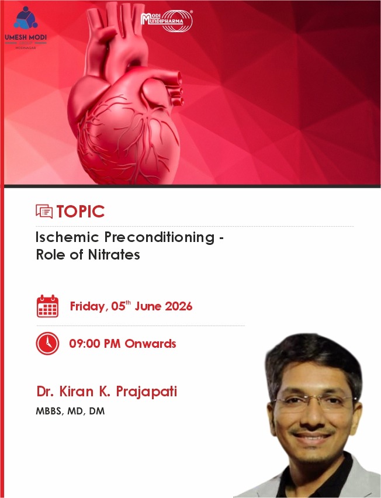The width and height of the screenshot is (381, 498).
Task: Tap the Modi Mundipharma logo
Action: [x=167, y=20]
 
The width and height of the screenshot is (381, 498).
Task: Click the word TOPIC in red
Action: [x=80, y=212]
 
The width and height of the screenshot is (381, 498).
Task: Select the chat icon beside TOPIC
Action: [x=44, y=211]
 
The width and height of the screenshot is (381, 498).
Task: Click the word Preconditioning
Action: [x=160, y=237]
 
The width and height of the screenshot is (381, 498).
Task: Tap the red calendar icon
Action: [x=48, y=306]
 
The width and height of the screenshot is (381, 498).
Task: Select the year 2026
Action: [x=178, y=306]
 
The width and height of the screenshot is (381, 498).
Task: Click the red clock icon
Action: [x=48, y=343]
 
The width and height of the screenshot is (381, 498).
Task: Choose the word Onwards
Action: [x=150, y=344]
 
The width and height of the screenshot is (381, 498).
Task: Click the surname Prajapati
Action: [x=146, y=392]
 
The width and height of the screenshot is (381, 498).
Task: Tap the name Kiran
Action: [x=76, y=391]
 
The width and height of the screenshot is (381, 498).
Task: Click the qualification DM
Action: [x=97, y=411]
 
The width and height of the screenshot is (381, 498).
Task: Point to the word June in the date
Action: [x=148, y=306]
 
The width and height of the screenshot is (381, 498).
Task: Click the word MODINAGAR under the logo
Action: [x=26, y=48]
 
